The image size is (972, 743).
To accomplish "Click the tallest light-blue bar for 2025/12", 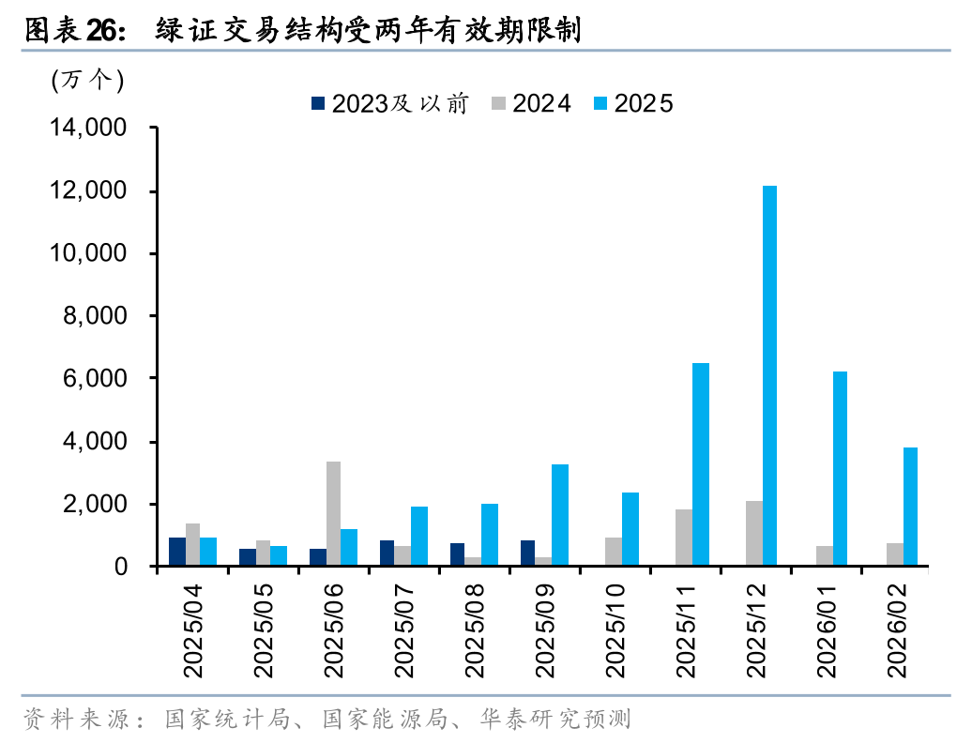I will tap(769, 375).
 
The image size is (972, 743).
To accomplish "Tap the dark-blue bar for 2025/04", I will tap(176, 552).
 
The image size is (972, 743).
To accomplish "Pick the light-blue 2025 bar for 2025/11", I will tap(700, 464).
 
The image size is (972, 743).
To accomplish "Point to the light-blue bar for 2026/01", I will tap(840, 469).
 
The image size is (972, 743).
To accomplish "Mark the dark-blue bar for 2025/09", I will tap(528, 553).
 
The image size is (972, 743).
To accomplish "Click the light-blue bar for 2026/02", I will tap(910, 507).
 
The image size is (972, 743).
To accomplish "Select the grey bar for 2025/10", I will tap(613, 552).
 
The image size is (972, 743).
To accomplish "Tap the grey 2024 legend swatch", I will tap(499, 104).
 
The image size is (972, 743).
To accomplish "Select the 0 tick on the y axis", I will tap(121, 567).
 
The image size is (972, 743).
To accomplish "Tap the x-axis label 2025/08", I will tap(474, 633).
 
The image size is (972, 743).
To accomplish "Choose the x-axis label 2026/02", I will tap(897, 633).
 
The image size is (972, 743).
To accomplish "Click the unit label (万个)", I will tap(87, 80).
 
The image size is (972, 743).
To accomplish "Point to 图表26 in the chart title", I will tap(71, 30).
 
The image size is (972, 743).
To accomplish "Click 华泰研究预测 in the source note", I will tap(554, 720).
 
